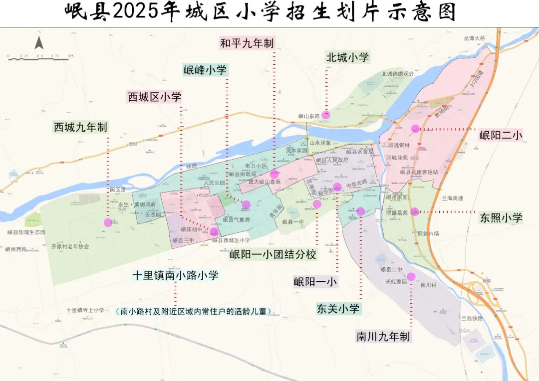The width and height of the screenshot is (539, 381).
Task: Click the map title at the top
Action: click(x=260, y=12)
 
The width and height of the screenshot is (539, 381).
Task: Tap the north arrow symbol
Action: click(x=39, y=41)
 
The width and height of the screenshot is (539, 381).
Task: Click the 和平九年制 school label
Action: click(x=248, y=43)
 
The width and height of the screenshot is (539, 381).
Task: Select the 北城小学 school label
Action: click(x=347, y=57)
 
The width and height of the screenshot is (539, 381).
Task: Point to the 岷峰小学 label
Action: click(x=205, y=70)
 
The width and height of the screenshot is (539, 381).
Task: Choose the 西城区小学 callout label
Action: click(x=154, y=97)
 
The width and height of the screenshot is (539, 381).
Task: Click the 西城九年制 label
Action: click(x=80, y=127)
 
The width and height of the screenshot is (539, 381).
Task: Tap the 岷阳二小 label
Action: click(x=501, y=135)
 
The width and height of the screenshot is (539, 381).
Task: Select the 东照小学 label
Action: click(x=501, y=217)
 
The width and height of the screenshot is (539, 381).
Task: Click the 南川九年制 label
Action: click(x=383, y=336)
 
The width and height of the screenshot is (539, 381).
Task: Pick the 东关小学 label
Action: click(x=338, y=309)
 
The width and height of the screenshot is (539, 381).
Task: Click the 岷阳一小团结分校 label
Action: click(x=273, y=254)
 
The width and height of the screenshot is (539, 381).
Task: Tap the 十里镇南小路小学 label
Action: click(x=175, y=275)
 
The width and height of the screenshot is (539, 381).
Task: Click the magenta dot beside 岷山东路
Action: click(x=326, y=115)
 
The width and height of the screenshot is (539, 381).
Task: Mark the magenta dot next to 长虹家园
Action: click(x=411, y=277)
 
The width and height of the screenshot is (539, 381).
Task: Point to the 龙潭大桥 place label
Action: click(x=474, y=38)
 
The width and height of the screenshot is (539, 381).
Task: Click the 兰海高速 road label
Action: click(x=453, y=198)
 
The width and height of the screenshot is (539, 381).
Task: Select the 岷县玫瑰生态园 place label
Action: click(x=26, y=232)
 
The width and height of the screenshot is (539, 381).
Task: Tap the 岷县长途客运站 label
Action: click(x=419, y=172)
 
